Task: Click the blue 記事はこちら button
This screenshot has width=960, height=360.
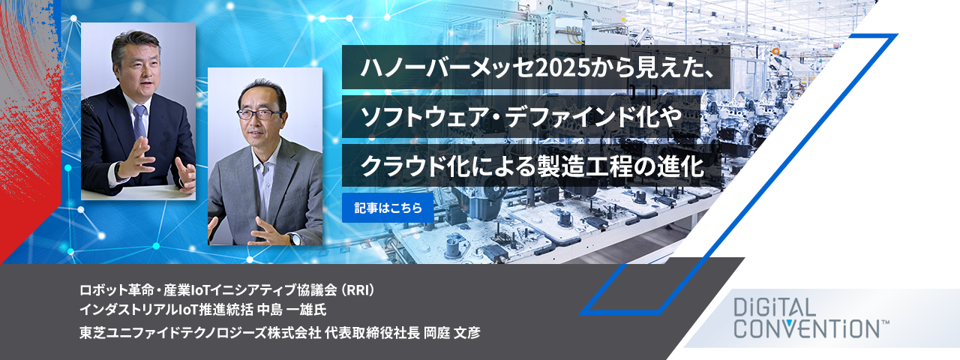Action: click(388, 208)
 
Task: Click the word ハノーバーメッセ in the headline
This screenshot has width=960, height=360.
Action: click(448, 67)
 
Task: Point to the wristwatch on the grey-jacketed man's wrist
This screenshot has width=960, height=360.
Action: click(294, 238)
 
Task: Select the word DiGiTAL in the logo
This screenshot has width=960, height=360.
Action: click(773, 307)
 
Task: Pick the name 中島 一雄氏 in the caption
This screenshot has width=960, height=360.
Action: click(292, 310)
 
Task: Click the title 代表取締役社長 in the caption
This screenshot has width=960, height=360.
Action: click(372, 332)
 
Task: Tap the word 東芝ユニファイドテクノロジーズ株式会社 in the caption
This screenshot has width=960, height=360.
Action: click(200, 332)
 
